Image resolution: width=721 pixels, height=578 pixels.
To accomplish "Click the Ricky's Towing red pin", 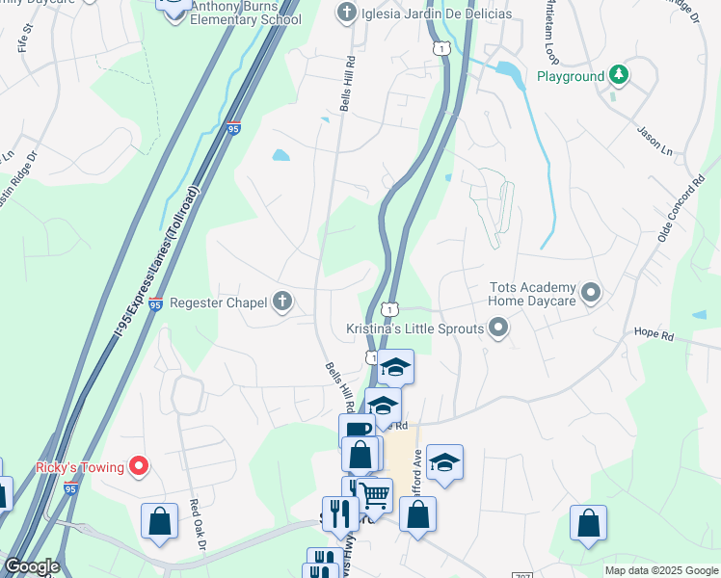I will tap(139, 467).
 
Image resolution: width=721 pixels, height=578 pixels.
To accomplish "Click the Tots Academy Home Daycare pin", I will tap(592, 291).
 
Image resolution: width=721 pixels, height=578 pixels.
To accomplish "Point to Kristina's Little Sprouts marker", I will tap(498, 329).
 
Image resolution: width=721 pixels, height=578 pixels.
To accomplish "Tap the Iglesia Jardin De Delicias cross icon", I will tap(346, 13).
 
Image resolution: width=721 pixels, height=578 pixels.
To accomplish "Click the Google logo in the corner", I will tap(31, 566).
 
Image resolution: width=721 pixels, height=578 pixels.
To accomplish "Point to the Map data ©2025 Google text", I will tap(661, 570).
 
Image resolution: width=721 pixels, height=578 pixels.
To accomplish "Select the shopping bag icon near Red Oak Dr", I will tap(160, 522).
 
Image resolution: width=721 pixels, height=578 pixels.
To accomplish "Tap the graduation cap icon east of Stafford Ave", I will tap(444, 462).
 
